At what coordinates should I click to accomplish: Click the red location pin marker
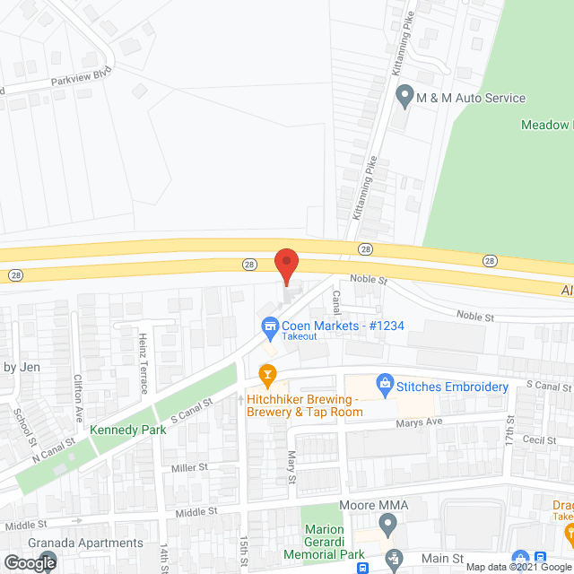[x=285, y=265]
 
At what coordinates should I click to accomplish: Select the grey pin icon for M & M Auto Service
[x=404, y=94]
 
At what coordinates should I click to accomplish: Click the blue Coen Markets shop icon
[x=267, y=326]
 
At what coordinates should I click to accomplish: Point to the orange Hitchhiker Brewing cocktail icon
[x=265, y=373]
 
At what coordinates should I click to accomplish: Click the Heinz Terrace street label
[x=143, y=363]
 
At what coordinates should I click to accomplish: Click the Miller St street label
[x=189, y=467]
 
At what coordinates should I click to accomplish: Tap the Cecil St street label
[x=540, y=440]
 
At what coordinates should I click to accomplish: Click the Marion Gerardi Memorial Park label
[x=334, y=542]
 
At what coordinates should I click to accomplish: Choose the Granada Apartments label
[x=86, y=543]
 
